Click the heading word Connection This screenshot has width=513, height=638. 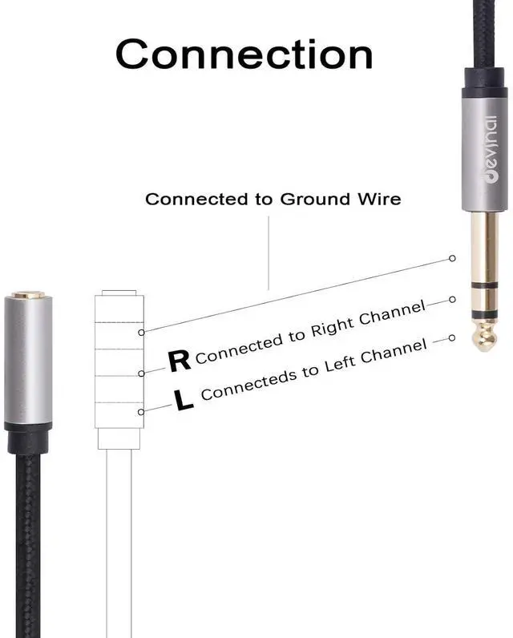(244, 54)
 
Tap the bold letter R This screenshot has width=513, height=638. (180, 361)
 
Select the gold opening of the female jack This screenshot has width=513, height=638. (29, 295)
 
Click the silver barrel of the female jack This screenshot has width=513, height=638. (29, 361)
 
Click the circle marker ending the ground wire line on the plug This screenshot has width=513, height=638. (452, 258)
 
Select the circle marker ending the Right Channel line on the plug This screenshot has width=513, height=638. (451, 300)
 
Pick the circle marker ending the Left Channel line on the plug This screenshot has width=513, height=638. (451, 338)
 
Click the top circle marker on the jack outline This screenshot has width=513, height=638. (141, 331)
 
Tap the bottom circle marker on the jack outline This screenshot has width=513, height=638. (141, 412)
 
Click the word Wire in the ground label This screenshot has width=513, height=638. (377, 199)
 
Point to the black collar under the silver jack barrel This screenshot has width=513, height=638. (29, 437)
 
